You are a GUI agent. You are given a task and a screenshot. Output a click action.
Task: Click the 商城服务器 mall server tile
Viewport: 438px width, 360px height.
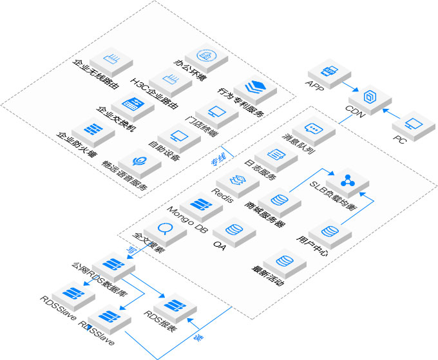tap(279, 201)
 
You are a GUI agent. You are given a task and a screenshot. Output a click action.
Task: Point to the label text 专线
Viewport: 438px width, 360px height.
tap(218, 160)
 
